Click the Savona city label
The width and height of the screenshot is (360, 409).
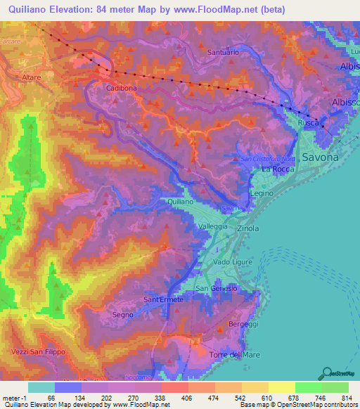click(320, 157)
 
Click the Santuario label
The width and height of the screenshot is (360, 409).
click(224, 52)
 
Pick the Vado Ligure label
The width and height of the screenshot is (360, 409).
click(232, 261)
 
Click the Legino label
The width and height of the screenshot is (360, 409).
click(261, 192)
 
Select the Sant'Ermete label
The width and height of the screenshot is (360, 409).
click(163, 300)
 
